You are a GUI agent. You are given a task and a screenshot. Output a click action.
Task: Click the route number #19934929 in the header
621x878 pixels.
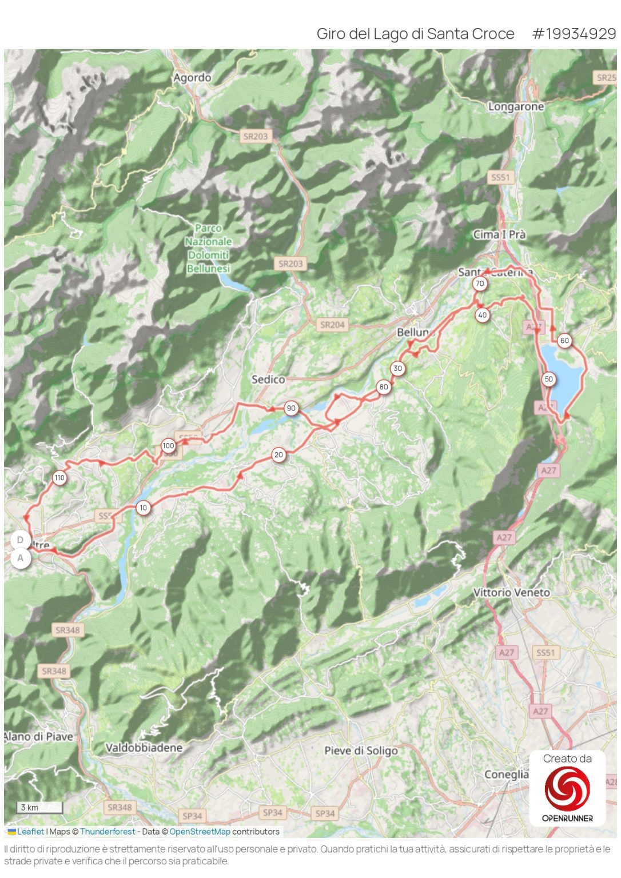[x=574, y=34]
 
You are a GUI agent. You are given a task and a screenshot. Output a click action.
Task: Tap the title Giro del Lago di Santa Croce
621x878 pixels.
[x=415, y=34]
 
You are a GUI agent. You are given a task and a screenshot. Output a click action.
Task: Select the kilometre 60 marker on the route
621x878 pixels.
[x=564, y=341]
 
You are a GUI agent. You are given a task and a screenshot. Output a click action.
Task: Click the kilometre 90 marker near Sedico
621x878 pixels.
[x=291, y=408]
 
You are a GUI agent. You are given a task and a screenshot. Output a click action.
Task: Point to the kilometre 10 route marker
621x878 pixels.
[x=143, y=508]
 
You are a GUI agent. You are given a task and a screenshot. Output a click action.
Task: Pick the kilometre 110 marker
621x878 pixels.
[x=59, y=478]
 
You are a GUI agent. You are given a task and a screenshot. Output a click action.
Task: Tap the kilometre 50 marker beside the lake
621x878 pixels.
[x=548, y=379]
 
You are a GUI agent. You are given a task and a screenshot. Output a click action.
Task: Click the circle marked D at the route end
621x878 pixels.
[x=21, y=540]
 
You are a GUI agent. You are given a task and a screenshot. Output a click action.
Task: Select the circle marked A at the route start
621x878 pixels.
[x=21, y=558]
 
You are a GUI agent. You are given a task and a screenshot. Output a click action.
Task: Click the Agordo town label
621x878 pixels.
[x=192, y=78]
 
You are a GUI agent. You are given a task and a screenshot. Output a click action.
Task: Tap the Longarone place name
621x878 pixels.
[x=515, y=106]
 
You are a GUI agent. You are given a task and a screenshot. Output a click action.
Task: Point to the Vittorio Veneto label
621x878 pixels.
[x=511, y=593]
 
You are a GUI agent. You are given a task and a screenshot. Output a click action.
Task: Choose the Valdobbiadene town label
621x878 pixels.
[x=144, y=748]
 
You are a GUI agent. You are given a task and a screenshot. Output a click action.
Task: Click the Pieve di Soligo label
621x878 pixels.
[x=361, y=751]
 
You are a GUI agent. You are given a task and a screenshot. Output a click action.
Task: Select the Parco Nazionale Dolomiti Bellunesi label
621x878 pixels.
[x=208, y=248]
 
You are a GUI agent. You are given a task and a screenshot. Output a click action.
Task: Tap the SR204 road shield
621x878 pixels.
[x=332, y=325]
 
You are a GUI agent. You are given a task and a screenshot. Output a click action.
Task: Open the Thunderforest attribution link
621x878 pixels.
[x=108, y=832]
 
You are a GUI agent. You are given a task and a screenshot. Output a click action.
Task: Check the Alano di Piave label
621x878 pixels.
[x=39, y=737]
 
